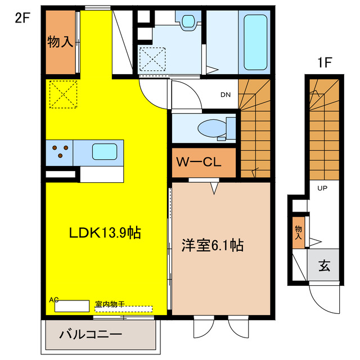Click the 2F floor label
[21, 16]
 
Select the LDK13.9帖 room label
[105, 232]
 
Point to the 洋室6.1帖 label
[212, 245]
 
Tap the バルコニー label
[91, 335]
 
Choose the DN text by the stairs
[225, 94]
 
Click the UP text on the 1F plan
[323, 188]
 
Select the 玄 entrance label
[325, 264]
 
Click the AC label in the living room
[54, 300]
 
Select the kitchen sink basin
[105, 151]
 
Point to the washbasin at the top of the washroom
[188, 21]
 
